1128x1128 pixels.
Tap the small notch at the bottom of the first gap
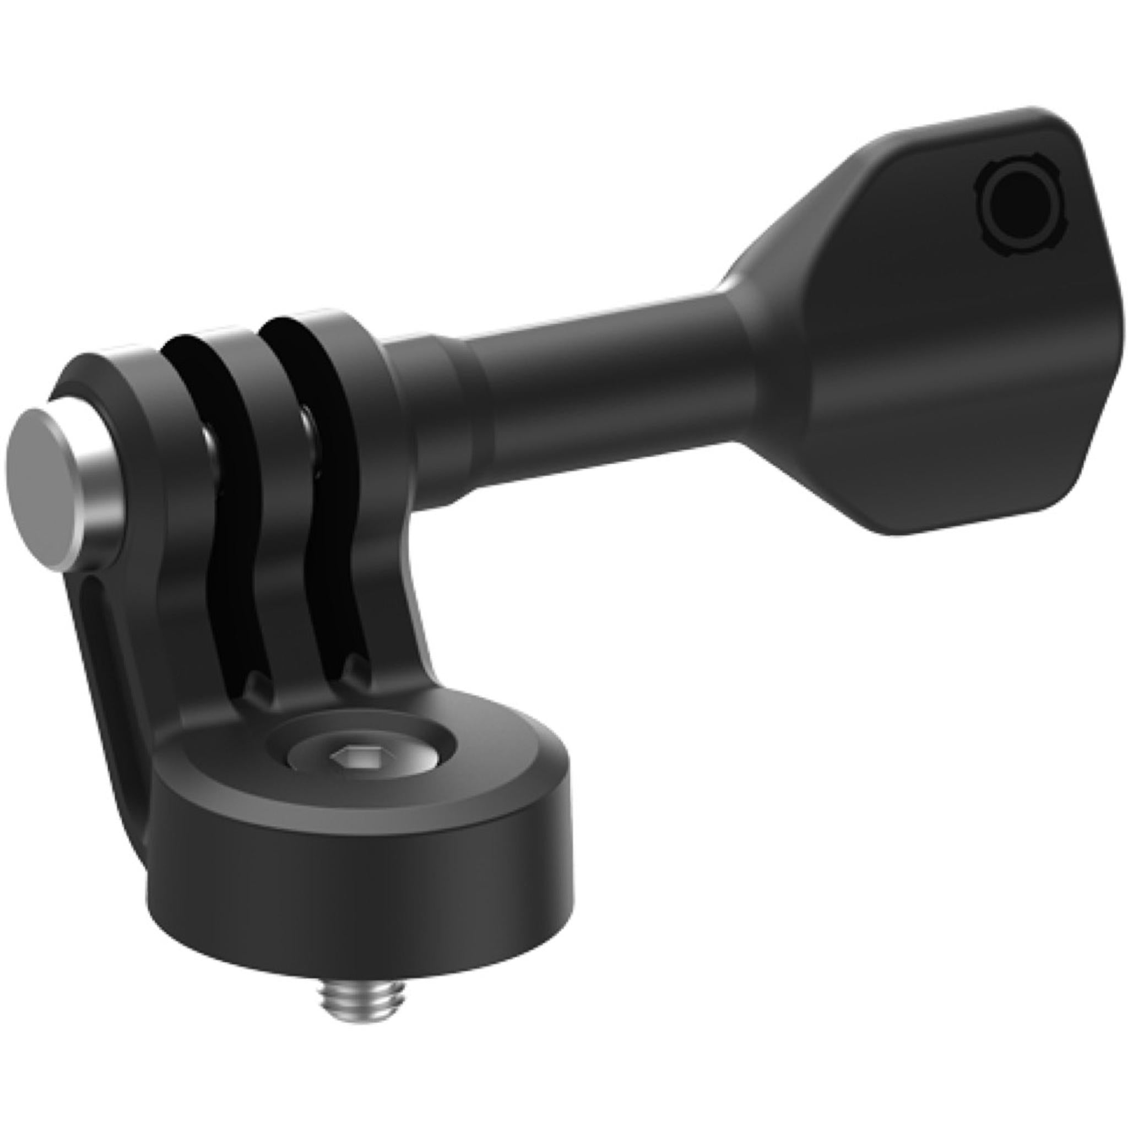[257, 683]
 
